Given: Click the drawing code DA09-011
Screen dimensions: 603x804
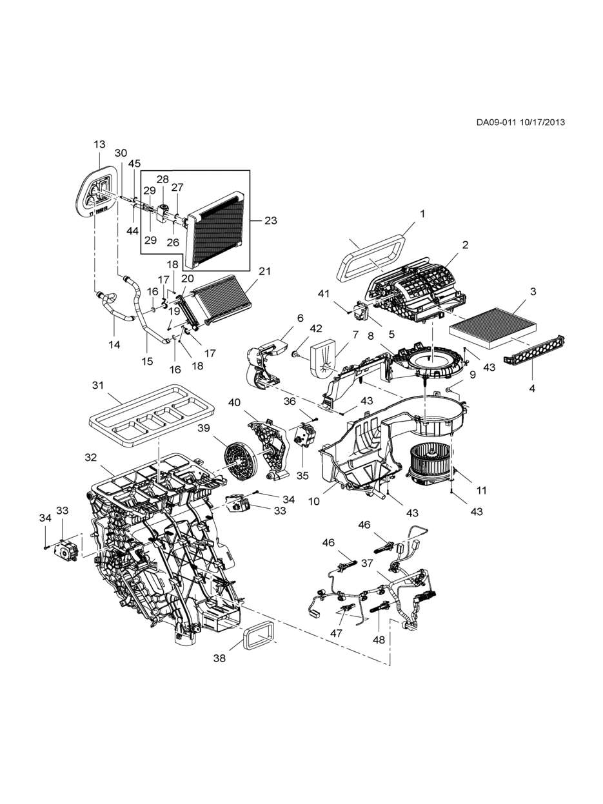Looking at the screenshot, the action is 496,123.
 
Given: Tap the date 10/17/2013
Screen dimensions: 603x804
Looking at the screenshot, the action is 541,123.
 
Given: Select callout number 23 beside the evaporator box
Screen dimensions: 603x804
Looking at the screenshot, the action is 270,221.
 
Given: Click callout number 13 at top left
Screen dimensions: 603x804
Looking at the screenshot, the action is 99,144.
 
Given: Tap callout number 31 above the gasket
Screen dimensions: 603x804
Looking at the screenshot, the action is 98,386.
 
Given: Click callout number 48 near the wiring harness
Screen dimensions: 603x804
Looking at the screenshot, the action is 379,640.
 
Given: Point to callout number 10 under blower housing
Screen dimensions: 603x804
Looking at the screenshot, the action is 314,501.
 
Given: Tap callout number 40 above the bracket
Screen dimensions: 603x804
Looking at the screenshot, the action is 234,402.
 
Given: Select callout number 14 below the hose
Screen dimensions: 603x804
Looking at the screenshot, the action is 114,344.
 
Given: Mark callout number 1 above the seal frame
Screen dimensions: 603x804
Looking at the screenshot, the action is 422,213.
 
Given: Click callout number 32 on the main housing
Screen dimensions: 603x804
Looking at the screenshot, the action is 90,457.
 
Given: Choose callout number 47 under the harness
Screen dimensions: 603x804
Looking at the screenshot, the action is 336,633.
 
